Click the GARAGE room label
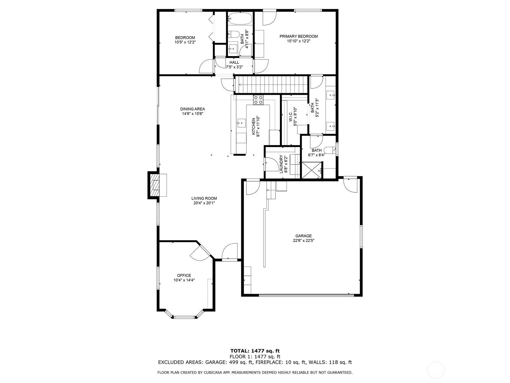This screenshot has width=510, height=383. pyautogui.click(x=304, y=236)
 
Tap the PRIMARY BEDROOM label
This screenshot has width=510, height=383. pyautogui.click(x=299, y=36)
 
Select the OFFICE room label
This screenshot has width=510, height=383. pyautogui.click(x=184, y=275)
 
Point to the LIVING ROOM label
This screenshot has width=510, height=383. pyautogui.click(x=204, y=198)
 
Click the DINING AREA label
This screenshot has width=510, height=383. pyautogui.click(x=193, y=109)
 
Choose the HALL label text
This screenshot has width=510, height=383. pyautogui.click(x=234, y=63)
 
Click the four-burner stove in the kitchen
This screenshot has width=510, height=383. pyautogui.click(x=259, y=100)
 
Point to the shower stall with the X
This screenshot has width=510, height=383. pyautogui.click(x=312, y=170)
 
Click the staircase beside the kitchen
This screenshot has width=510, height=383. pyautogui.click(x=271, y=85)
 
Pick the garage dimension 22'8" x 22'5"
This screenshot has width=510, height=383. pyautogui.click(x=304, y=241)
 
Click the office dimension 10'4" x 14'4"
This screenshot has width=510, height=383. pyautogui.click(x=184, y=280)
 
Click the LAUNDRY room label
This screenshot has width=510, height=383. pyautogui.click(x=281, y=164)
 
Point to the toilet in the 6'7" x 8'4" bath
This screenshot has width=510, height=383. pyautogui.click(x=330, y=150)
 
